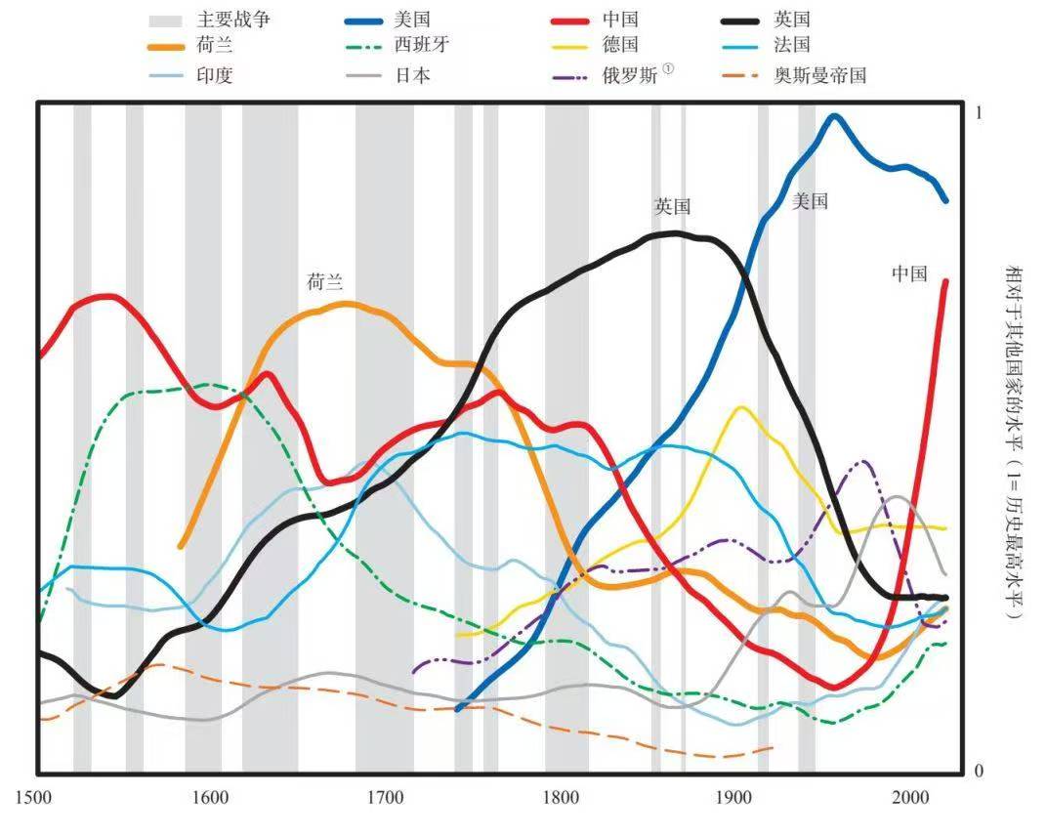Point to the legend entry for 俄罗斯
pos(630,75)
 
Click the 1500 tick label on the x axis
pos(35,796)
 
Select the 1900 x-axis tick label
pos(735,796)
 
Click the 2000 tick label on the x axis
pos(910,796)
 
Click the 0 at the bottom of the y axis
pos(979,771)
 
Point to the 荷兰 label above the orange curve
pos(325,283)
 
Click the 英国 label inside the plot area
pos(673,207)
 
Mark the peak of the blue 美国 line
pos(833,116)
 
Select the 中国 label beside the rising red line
pos(908,274)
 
